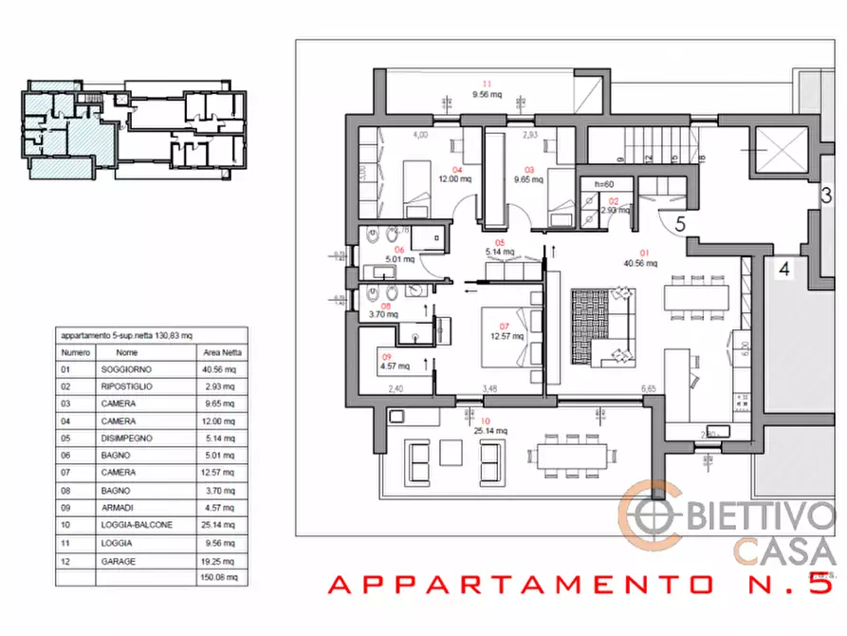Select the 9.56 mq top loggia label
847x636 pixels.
[x=488, y=94]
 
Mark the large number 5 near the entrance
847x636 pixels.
[x=680, y=226]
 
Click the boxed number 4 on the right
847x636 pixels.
[x=783, y=268]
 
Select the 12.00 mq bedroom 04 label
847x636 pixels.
[x=451, y=178]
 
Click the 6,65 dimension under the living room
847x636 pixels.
[x=649, y=388]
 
